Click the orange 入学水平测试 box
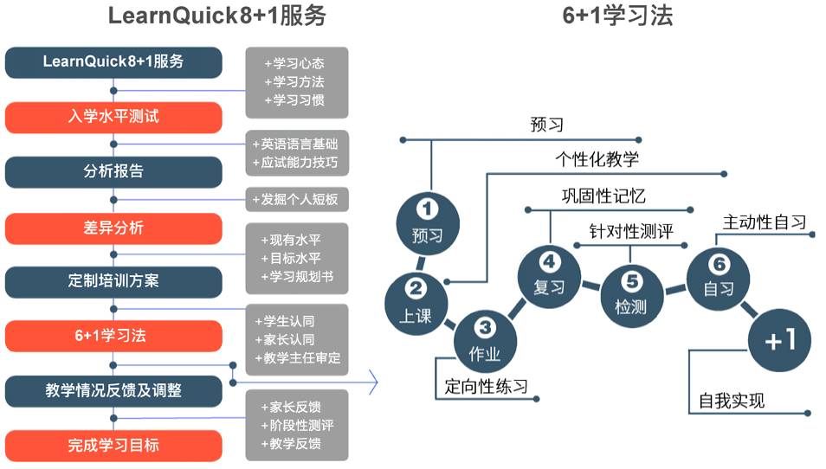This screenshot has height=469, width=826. (113, 117)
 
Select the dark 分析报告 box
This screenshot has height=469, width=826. (113, 171)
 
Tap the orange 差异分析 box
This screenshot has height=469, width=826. (113, 228)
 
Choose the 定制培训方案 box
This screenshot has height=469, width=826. (113, 281)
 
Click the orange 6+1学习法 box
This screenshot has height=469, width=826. (113, 336)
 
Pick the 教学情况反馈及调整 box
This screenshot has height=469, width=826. (113, 390)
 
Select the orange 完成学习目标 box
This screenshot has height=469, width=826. (113, 446)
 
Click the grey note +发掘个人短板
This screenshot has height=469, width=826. (297, 200)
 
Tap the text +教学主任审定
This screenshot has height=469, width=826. (297, 357)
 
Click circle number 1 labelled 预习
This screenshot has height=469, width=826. (426, 220)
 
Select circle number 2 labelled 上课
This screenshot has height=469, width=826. (415, 301)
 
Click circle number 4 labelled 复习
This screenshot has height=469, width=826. (549, 273)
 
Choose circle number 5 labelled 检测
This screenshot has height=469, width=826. (630, 292)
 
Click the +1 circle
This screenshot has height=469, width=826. (779, 340)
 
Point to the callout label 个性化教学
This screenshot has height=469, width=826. (597, 159)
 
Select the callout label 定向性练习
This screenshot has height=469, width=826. (486, 386)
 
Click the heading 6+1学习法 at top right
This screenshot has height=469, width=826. (617, 16)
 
